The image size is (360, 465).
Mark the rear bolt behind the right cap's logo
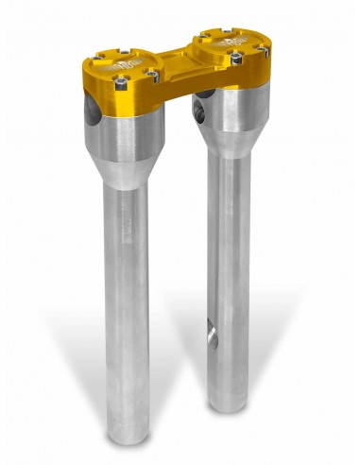point(227,30)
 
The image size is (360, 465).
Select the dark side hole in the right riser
point(199,109)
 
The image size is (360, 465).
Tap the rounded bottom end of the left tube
point(128,440)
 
